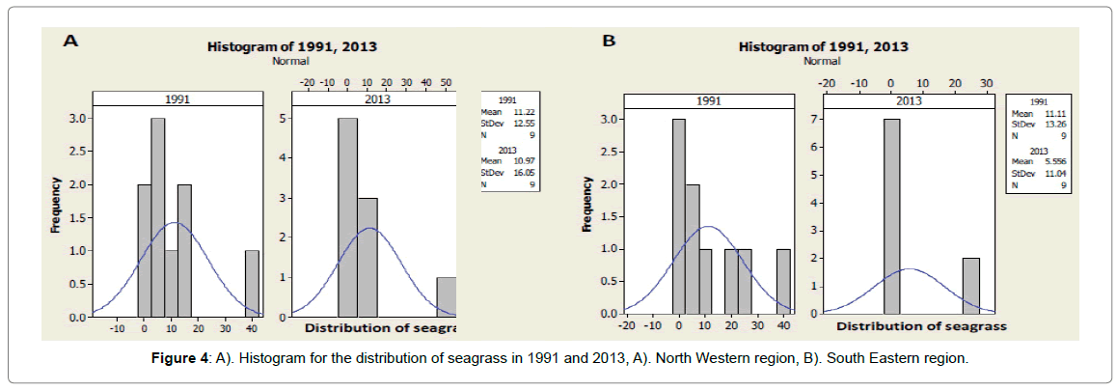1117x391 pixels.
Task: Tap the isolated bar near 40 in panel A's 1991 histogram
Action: coord(252,283)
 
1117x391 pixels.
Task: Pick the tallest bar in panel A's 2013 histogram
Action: coord(347,217)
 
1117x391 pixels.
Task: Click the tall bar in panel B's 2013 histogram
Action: coord(892,217)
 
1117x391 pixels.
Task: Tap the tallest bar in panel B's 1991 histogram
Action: coord(679,217)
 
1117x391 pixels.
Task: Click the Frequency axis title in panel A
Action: coord(56,206)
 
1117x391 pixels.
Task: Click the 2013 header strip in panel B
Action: coord(901,100)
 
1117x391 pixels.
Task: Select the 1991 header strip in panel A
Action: coord(177,98)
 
